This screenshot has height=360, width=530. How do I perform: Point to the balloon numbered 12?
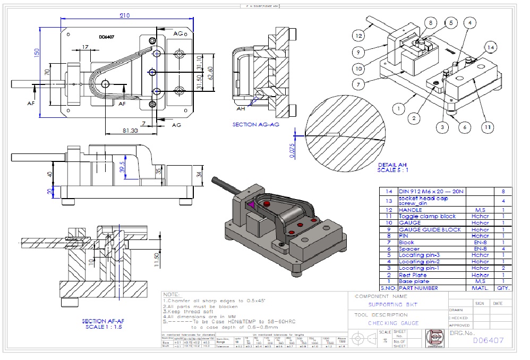[x=359, y=36]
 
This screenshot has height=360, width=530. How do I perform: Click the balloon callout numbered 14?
[x=491, y=47]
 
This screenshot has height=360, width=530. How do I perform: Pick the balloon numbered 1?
[x=396, y=107]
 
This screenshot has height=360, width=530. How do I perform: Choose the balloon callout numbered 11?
[x=487, y=127]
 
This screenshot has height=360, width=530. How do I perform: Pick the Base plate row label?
[x=413, y=281]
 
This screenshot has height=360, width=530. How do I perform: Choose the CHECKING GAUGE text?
[x=394, y=323]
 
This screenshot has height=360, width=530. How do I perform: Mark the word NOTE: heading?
[x=172, y=294]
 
